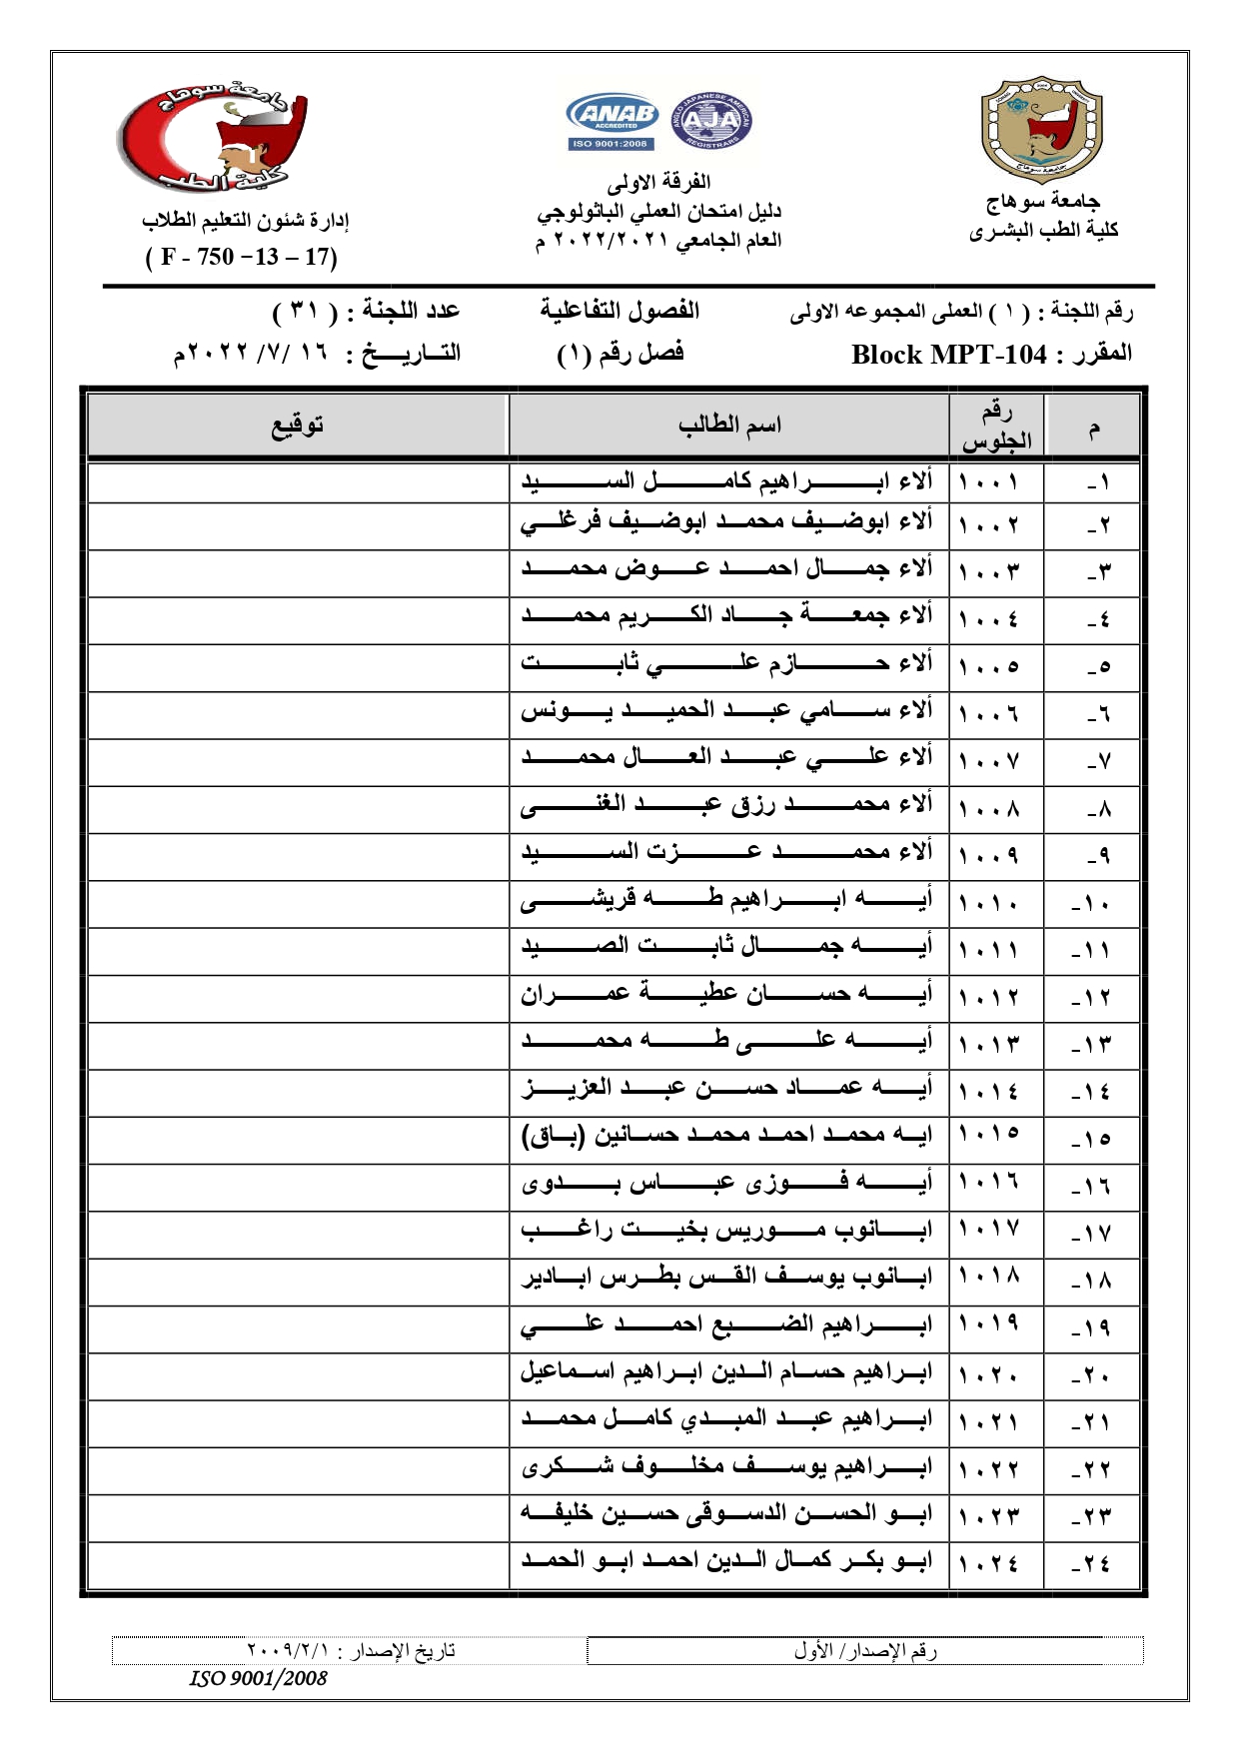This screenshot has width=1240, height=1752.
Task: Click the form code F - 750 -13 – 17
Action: click(242, 257)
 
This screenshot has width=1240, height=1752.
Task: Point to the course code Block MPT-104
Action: click(948, 355)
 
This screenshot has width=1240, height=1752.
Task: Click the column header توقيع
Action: click(298, 426)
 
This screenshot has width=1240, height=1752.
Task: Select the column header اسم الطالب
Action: click(729, 426)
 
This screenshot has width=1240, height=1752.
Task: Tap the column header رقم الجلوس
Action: click(996, 427)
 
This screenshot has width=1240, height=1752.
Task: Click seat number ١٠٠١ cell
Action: click(989, 482)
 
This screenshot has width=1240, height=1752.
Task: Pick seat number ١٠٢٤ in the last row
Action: click(989, 1563)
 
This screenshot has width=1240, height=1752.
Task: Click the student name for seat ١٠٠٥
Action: click(726, 663)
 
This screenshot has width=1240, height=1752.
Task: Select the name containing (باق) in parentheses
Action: click(726, 1136)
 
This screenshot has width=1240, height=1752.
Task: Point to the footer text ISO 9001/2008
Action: click(259, 1678)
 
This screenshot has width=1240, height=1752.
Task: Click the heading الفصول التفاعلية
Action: click(620, 311)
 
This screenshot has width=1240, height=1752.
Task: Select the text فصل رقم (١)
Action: click(620, 354)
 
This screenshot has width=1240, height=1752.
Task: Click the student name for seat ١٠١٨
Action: click(726, 1278)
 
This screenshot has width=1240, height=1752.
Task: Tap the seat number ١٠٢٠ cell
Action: click(989, 1374)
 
